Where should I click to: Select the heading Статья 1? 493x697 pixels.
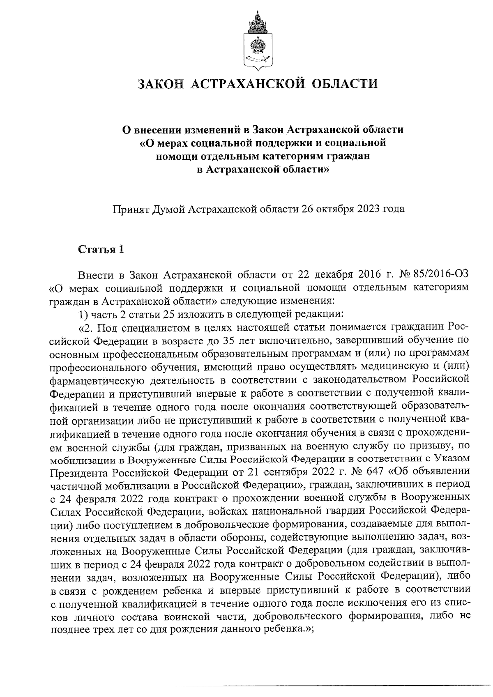click(x=101, y=249)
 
